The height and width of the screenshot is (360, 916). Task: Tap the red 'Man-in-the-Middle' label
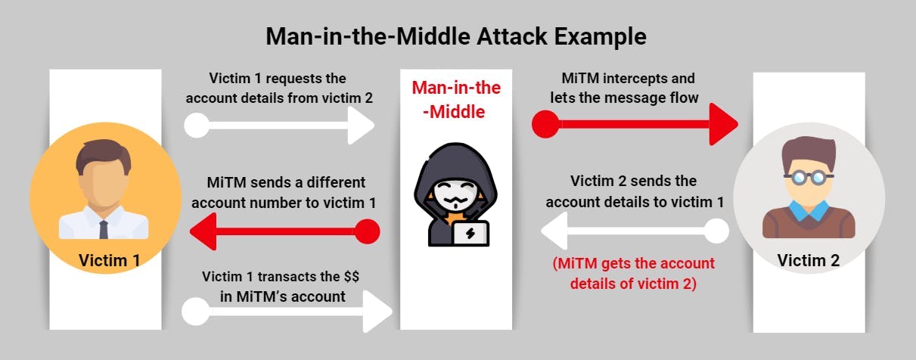(456, 100)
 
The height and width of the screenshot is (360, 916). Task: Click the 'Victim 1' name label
(110, 261)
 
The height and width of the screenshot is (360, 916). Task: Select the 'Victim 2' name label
(809, 260)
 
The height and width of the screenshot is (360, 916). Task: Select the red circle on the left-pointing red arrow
(366, 231)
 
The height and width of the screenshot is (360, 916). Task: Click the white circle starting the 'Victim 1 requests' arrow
(197, 125)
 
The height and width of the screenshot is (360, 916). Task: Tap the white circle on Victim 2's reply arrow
(717, 231)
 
